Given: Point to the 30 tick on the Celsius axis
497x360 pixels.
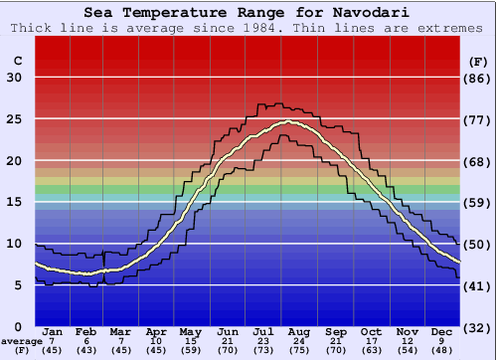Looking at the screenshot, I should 14,77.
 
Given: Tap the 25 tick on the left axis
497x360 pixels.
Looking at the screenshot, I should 14,118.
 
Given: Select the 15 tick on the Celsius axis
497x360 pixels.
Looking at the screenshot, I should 14,202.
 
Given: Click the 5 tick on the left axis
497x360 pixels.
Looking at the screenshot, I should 18,285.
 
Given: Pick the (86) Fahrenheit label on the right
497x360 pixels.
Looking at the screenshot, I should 477,77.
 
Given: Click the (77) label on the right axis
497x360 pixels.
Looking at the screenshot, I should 477,118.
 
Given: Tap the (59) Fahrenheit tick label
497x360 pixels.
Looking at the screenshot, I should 477,202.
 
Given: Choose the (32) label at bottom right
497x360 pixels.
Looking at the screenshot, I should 477,327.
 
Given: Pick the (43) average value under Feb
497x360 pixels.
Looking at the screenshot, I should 86,350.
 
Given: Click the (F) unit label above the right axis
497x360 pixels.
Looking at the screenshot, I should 477,61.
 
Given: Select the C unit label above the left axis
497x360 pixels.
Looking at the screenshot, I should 17,61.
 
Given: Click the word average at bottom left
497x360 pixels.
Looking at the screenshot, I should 21,341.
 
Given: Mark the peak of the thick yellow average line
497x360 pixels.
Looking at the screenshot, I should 288,122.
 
